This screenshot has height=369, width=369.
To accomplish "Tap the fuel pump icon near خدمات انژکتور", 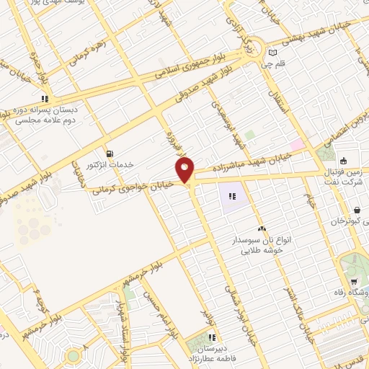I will pos(109,153).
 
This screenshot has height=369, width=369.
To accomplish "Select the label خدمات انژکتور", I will pos(110,164).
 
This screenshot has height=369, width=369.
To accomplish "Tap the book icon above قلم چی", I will pos(272,52).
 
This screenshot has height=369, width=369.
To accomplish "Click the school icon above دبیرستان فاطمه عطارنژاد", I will pos(212,337).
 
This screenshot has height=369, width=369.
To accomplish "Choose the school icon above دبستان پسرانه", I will pos(45,99).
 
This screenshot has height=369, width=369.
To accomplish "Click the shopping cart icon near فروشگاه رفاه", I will pos(353,281).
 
